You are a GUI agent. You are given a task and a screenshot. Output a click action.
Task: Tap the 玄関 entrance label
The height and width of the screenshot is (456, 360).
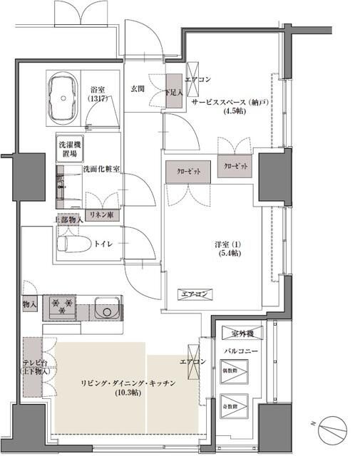point(138,88)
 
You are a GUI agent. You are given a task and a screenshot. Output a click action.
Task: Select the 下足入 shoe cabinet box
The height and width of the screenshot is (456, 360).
point(173,91)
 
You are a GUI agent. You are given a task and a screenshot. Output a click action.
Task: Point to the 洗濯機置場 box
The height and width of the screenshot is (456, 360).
point(70,149)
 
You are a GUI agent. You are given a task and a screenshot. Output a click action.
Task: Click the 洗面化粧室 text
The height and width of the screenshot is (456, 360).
point(101,169)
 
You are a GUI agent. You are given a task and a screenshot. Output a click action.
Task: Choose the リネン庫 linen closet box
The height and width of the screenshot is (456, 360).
point(101,214)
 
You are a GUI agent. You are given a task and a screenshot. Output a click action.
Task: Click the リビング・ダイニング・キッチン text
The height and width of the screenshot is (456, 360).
point(128,383)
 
